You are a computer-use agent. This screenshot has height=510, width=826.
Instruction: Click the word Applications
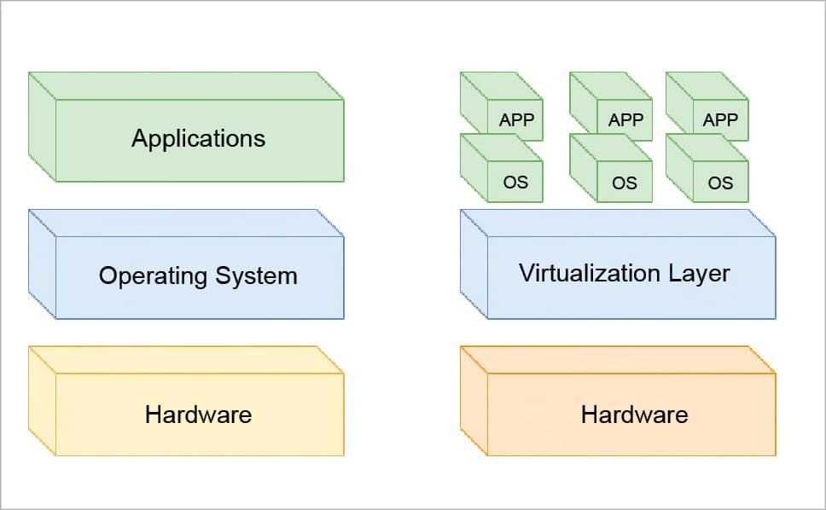point(198,139)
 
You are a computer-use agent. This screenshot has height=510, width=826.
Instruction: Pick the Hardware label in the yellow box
point(198,415)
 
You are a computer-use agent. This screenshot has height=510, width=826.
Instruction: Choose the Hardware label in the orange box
point(634,415)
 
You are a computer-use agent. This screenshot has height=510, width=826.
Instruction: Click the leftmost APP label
point(516,120)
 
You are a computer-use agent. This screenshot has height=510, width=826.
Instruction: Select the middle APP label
point(625,120)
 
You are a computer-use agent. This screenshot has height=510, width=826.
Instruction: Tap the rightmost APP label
point(720,120)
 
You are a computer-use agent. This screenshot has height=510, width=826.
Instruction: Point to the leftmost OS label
point(516,183)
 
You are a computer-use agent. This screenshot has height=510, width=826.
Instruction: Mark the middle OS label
point(625,183)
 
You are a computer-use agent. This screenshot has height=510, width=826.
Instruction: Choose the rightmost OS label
point(720,183)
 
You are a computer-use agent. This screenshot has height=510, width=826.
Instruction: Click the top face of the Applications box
point(186,86)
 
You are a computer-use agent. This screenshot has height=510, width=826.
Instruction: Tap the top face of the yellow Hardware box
point(186,360)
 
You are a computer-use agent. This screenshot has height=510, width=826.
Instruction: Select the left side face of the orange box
point(474,400)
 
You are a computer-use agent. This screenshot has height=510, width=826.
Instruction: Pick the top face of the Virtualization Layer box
point(618,223)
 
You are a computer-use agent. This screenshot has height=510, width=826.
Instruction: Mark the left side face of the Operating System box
point(42,264)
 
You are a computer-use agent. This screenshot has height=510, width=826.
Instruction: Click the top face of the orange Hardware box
point(618,360)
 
